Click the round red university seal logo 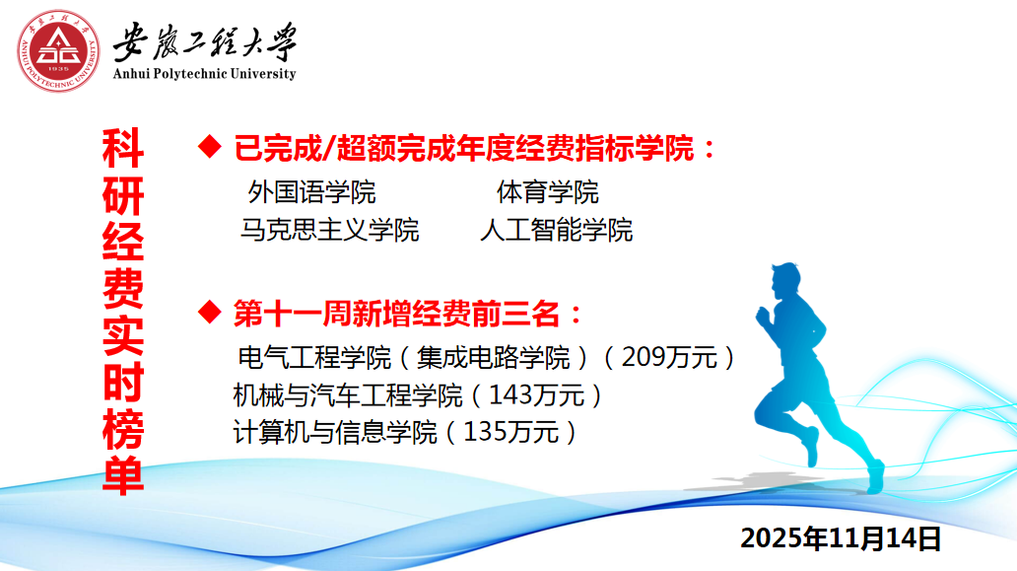58,50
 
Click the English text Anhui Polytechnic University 204,73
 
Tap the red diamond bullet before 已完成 210,147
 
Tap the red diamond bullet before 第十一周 210,312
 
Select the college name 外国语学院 312,192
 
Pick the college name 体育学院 547,192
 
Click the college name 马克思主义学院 329,230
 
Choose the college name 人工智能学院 557,230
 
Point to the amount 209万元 669,357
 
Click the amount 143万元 536,394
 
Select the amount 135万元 511,432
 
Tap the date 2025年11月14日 841,538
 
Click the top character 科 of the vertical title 122,149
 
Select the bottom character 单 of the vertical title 122,475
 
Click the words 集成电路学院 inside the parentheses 493,358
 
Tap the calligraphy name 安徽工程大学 204,41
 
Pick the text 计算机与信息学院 335,432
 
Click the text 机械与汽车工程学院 348,395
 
